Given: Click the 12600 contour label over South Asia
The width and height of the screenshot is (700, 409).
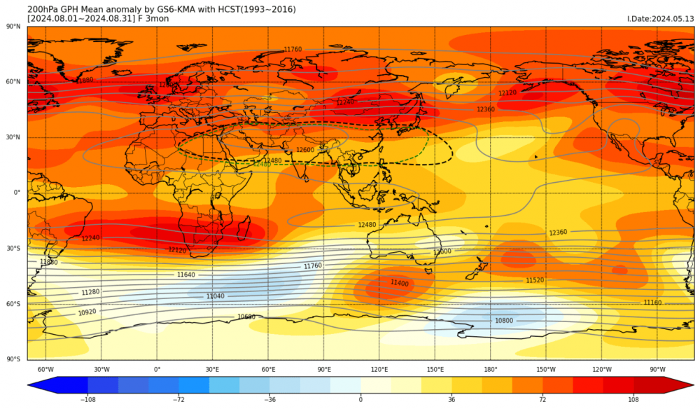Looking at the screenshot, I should [x=305, y=150].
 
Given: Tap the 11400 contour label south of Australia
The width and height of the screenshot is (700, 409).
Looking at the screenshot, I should [x=399, y=283].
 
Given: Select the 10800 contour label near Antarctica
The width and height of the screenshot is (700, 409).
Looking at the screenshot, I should [x=504, y=321].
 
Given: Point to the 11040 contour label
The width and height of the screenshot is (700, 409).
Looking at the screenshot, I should [x=216, y=296].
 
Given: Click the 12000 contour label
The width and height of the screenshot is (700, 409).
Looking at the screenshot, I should [x=442, y=251].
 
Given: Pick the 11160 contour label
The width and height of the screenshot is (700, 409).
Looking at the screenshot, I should [x=652, y=303].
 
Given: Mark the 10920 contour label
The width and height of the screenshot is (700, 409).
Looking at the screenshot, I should [x=87, y=312].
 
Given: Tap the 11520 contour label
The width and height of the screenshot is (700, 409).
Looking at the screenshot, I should [x=535, y=280].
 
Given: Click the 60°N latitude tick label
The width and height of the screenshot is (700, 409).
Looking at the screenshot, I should [x=13, y=82].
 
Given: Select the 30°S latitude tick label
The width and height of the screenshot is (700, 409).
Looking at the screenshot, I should [x=13, y=249].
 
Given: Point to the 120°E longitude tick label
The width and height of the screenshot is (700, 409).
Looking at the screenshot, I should [x=379, y=370].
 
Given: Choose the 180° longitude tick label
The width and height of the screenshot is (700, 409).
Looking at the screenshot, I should [x=491, y=370].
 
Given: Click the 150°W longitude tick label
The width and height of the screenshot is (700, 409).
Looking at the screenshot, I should [x=546, y=370].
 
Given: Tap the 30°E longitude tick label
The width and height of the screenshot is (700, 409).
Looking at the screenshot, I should [x=213, y=370].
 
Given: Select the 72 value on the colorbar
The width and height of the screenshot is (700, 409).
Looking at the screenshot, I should [x=542, y=399].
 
